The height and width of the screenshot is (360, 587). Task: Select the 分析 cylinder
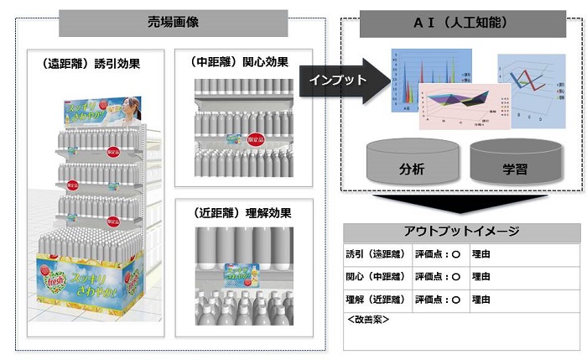(x=413, y=164)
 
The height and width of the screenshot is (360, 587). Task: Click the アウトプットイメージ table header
(x=461, y=232)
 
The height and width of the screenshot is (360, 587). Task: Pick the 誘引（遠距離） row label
(x=375, y=253)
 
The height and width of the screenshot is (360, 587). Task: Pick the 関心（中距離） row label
(x=375, y=276)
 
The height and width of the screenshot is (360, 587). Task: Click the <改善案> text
(x=367, y=320)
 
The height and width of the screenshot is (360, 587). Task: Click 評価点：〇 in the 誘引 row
(x=438, y=253)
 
